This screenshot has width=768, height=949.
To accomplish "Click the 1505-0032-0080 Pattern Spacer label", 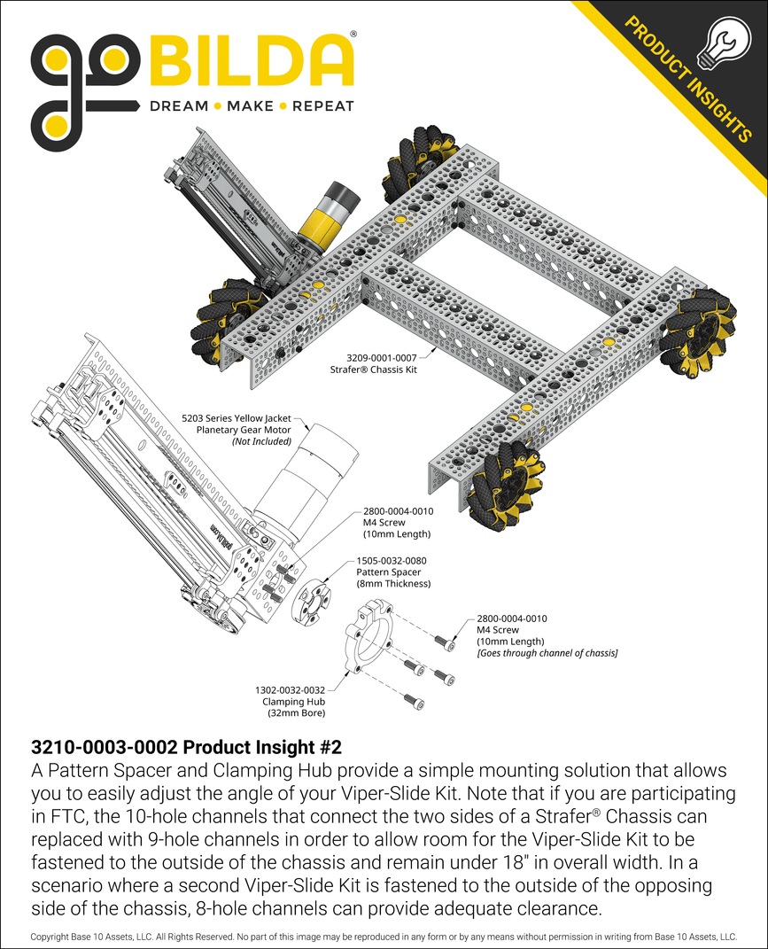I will [x=392, y=561].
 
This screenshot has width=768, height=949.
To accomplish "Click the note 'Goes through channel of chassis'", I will [x=547, y=652].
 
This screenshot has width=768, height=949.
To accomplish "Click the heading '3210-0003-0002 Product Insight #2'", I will [x=186, y=746].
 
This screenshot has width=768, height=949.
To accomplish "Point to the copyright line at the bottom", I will [x=384, y=936].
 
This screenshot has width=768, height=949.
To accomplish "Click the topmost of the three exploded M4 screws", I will [x=443, y=640].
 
